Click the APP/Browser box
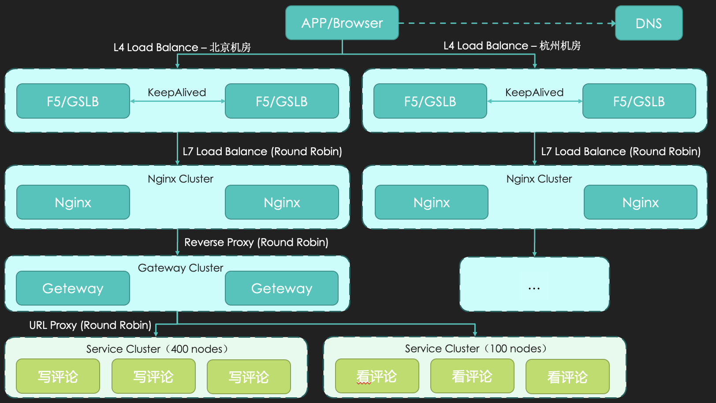(x=342, y=23)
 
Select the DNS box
(x=649, y=23)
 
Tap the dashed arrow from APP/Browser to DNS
(x=507, y=23)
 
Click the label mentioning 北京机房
(x=182, y=47)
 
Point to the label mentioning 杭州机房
(x=512, y=45)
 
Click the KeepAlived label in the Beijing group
(x=177, y=92)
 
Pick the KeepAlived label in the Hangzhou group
(x=534, y=92)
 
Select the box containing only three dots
(x=534, y=284)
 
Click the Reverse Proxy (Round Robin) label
(x=256, y=242)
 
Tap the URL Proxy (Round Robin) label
(x=90, y=325)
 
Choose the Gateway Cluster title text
(x=180, y=268)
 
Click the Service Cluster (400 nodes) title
(x=157, y=349)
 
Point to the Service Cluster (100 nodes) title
(x=476, y=348)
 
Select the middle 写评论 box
(x=153, y=377)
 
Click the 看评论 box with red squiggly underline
(x=377, y=376)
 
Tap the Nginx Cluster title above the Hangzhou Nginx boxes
(x=539, y=179)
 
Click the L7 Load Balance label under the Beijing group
(x=262, y=151)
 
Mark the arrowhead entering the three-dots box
(x=534, y=254)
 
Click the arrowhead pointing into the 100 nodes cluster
(x=475, y=334)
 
